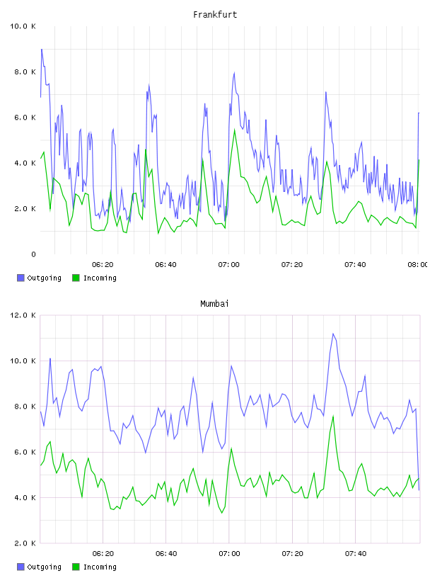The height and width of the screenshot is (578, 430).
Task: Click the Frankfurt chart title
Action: (x=215, y=15)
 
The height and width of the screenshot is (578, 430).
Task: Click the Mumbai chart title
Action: (x=214, y=304)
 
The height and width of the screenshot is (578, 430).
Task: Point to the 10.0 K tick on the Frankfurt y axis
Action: (x=23, y=26)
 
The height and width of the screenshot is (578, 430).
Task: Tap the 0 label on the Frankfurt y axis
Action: (x=33, y=254)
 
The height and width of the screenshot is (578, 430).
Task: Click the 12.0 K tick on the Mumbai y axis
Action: (x=23, y=315)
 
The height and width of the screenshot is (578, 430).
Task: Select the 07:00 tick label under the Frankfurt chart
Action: (x=228, y=265)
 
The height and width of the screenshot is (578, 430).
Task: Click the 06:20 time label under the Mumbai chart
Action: (x=103, y=554)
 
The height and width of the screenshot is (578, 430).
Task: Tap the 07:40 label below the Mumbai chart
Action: (x=356, y=554)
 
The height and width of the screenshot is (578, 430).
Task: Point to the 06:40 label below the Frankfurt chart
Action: (x=165, y=265)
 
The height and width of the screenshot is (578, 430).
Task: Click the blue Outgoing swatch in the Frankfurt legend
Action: (x=21, y=278)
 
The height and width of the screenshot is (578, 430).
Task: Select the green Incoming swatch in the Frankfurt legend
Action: (x=76, y=278)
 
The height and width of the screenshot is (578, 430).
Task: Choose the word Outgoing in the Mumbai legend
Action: (x=44, y=567)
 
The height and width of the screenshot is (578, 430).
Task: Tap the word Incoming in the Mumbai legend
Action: (x=100, y=567)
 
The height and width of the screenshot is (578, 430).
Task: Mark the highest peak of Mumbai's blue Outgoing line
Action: (x=333, y=334)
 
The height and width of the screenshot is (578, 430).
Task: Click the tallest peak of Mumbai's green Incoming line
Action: (x=333, y=416)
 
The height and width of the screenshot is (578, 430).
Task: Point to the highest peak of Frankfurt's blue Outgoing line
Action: (x=42, y=49)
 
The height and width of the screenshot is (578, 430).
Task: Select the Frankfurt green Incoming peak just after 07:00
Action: (x=235, y=130)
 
